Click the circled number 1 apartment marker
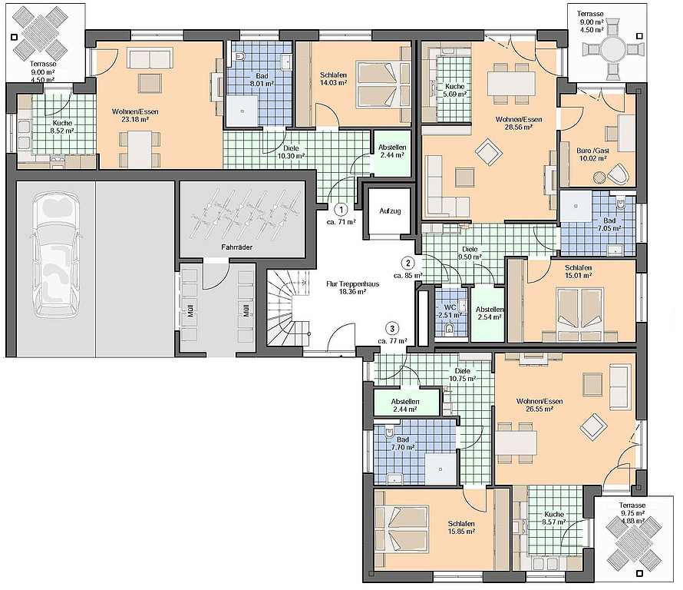click(x=341, y=210)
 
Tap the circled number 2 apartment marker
click(x=408, y=263)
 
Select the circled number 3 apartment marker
click(x=392, y=329)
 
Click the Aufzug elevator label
click(x=390, y=211)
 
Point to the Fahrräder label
click(x=237, y=247)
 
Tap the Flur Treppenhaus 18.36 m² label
click(x=352, y=288)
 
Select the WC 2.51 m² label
click(x=450, y=311)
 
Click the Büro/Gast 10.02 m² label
click(x=593, y=154)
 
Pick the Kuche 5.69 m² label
click(x=455, y=90)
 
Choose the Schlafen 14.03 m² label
click(x=333, y=79)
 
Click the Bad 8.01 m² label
click(x=262, y=80)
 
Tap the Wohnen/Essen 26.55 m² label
click(x=539, y=405)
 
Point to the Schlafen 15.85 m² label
click(x=461, y=528)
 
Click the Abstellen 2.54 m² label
click(x=490, y=313)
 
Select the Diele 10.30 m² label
click(x=291, y=152)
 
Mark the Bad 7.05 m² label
click(x=609, y=224)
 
